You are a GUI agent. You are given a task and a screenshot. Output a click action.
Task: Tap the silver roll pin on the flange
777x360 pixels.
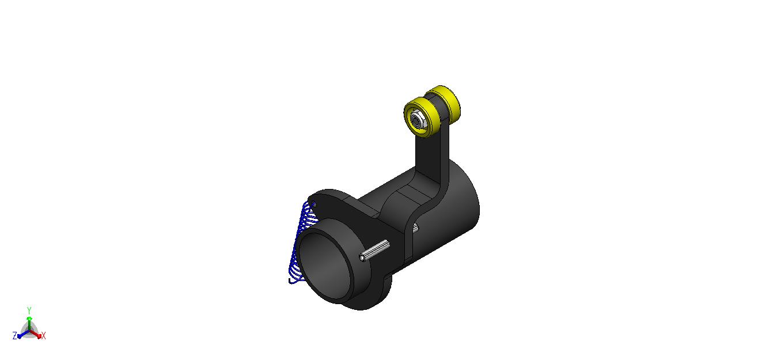tap(374, 251)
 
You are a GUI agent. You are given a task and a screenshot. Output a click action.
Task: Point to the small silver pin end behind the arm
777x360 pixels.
tap(415, 228)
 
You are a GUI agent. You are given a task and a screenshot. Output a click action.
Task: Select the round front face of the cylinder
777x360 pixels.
tap(324, 266)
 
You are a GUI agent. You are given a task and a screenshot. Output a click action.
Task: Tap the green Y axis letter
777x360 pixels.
tap(29, 310)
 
